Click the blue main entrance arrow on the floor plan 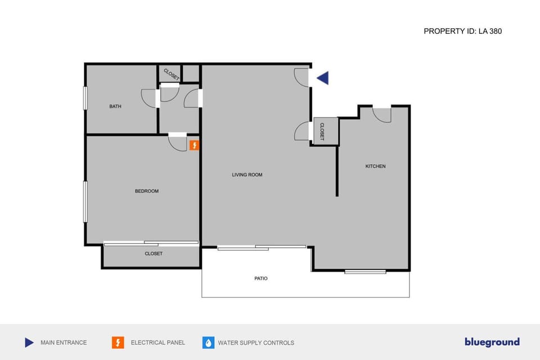click(323, 78)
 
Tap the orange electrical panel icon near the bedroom click(194, 146)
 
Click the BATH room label click(115, 106)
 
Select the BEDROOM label click(147, 191)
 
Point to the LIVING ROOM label click(247, 175)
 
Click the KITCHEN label click(376, 166)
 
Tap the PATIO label click(261, 278)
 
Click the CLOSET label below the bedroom click(154, 254)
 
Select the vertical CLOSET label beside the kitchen click(322, 132)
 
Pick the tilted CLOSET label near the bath click(171, 74)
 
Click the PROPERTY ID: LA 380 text click(462, 31)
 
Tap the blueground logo click(492, 342)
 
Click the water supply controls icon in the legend click(208, 343)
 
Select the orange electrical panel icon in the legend click(118, 343)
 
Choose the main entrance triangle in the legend click(29, 343)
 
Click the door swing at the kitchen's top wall click(382, 114)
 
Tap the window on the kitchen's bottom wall click(365, 272)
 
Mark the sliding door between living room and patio click(262, 247)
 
